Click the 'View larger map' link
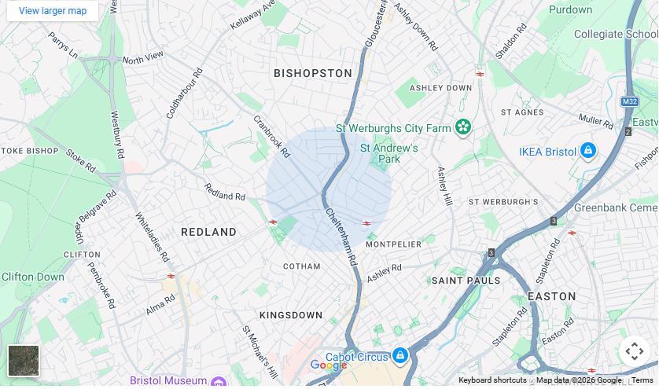click(53, 11)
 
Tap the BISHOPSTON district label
click(313, 73)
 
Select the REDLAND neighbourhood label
click(208, 232)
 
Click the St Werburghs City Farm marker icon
click(463, 127)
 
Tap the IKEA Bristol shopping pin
click(587, 151)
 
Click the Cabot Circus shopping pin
click(399, 357)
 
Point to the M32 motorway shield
click(629, 102)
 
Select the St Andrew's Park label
click(388, 153)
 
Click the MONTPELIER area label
click(393, 244)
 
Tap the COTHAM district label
click(301, 266)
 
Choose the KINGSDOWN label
click(291, 315)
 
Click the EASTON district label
click(551, 296)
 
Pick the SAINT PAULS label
click(466, 281)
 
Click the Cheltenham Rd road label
click(341, 236)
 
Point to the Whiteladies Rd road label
click(152, 237)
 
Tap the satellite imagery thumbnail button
click(24, 361)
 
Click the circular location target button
click(634, 351)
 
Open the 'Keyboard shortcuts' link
click(492, 380)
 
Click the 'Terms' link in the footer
click(642, 380)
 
